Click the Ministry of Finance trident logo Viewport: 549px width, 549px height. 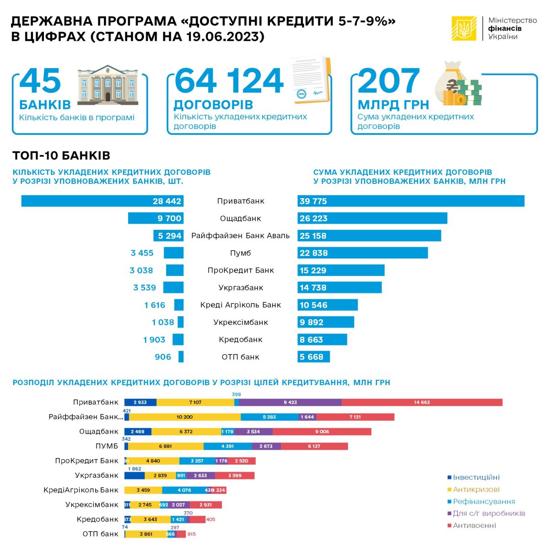[x=464, y=28]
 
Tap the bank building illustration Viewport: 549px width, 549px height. [x=108, y=83]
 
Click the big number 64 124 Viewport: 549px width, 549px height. [x=229, y=81]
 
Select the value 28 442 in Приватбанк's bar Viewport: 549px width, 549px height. [x=167, y=201]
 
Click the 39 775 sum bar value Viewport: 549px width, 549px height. [x=313, y=201]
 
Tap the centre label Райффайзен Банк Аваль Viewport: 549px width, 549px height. [x=240, y=236]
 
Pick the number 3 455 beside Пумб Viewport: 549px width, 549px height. [x=142, y=253]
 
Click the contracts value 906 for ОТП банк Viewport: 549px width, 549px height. [x=163, y=357]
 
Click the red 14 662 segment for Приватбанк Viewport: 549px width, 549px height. [x=422, y=402]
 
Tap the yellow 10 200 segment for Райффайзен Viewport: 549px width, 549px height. [x=185, y=417]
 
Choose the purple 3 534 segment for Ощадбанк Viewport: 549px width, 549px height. [x=253, y=431]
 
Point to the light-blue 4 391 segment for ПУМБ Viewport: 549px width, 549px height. [x=227, y=446]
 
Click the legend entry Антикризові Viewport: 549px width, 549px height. [x=476, y=490]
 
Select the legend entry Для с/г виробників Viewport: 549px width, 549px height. [x=489, y=513]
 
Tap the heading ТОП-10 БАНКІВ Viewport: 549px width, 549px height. [x=61, y=156]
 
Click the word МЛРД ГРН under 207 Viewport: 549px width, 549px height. [x=393, y=105]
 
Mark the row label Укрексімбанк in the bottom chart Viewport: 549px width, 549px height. [x=92, y=505]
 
